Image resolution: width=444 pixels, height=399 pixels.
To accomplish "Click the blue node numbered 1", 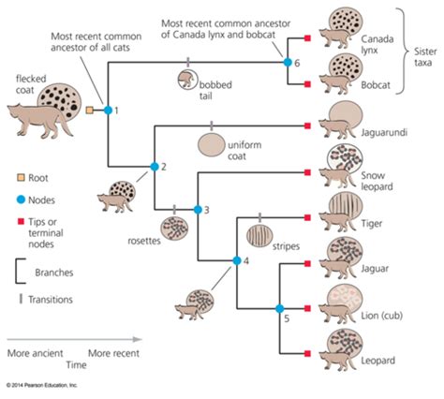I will click(x=107, y=111).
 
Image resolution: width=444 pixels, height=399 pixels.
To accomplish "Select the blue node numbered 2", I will click(x=154, y=167).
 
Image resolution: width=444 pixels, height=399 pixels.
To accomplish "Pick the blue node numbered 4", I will click(x=236, y=261).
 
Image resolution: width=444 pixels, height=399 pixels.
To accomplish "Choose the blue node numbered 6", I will click(x=288, y=62).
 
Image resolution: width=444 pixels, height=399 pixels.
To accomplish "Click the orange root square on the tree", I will click(x=89, y=111).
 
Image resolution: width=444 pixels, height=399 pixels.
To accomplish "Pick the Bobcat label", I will click(x=375, y=83).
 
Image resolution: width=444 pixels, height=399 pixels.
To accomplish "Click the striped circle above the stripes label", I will click(x=259, y=233).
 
